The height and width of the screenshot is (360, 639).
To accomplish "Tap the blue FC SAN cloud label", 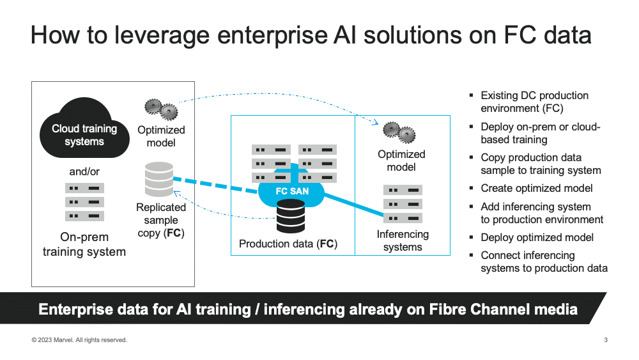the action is tap(292, 191).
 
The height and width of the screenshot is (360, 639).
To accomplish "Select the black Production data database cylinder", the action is tap(291, 216).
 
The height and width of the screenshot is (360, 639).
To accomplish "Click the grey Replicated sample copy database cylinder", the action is tap(159, 180).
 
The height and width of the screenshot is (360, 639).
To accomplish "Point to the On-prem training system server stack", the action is tap(84, 202).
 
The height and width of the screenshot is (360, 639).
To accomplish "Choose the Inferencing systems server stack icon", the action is tap(403, 204).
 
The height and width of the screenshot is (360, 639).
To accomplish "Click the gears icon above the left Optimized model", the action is tap(162, 109).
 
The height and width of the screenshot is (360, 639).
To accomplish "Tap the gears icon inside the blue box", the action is tap(399, 132).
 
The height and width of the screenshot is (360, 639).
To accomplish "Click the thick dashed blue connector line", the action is tap(215, 185).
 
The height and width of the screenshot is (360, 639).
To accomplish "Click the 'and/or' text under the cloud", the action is tap(84, 171).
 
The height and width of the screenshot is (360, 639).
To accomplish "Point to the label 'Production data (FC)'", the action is tap(288, 244).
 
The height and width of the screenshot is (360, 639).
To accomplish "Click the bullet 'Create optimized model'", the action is tap(536, 189).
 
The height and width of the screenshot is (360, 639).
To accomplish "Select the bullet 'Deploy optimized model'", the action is tap(537, 237).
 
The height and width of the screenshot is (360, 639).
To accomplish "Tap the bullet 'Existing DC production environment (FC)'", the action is tap(534, 102).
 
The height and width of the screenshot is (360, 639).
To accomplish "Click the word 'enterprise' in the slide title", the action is tap(272, 35).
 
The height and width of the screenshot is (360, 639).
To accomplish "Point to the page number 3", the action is tap(606, 340).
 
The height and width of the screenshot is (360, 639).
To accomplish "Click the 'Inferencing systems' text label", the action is tap(403, 240).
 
